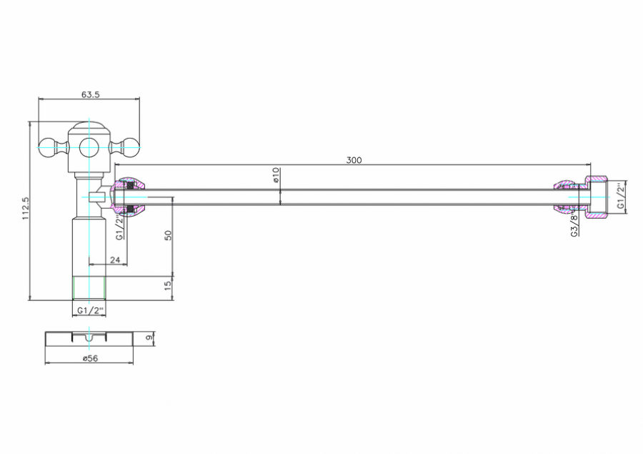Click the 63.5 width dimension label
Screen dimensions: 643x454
[x=90, y=94]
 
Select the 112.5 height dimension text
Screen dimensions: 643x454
[x=26, y=208]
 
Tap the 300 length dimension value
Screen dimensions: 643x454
[x=354, y=160]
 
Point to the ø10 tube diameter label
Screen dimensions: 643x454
[x=276, y=175]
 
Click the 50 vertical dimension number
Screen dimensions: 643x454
[x=168, y=235]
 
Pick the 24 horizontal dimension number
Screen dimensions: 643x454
[x=115, y=260]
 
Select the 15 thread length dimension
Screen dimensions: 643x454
[x=168, y=286]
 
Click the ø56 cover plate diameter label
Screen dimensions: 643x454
[x=90, y=358]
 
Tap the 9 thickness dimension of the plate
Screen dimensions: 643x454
[x=149, y=337]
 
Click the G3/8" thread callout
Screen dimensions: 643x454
[x=574, y=225]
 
